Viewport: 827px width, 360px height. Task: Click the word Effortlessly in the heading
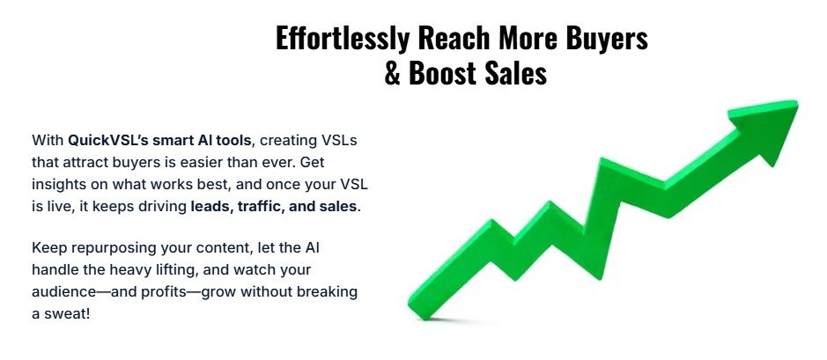point(342,39)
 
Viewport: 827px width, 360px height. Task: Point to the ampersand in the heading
point(393,74)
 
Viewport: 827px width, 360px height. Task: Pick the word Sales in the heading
point(513,73)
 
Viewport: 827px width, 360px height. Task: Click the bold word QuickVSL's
point(107,140)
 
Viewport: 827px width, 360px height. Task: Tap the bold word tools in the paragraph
point(233,140)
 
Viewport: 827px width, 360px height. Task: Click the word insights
point(58,185)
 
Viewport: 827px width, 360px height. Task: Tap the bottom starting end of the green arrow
point(419,310)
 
